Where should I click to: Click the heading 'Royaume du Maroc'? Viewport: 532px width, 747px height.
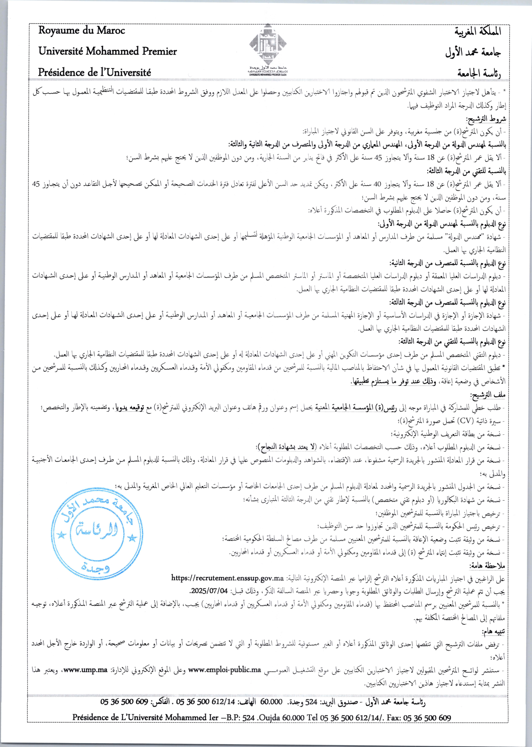82,30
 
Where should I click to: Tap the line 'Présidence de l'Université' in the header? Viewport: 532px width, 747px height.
94,72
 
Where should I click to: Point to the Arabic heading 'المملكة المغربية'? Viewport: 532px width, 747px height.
478,31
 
